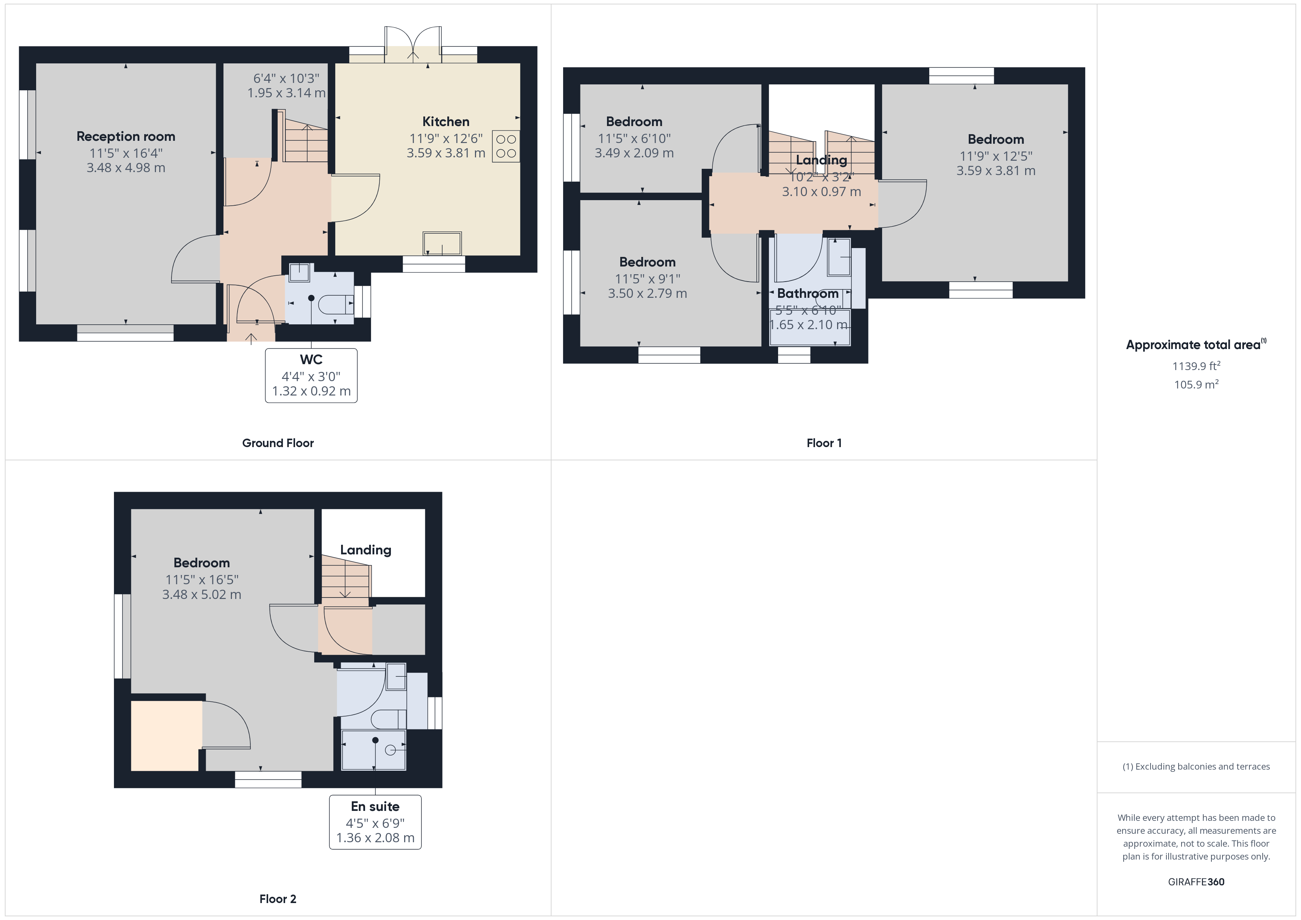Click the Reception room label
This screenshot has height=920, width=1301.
[x=126, y=136]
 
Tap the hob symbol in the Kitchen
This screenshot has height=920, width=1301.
[x=506, y=146]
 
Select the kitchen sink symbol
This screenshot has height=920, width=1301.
[x=442, y=244]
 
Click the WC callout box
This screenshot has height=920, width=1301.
[x=311, y=375]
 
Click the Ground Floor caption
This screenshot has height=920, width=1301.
[x=278, y=443]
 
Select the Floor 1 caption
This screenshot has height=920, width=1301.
[x=824, y=443]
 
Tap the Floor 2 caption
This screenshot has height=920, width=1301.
[x=278, y=899]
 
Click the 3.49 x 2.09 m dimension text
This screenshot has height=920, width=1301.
[x=634, y=153]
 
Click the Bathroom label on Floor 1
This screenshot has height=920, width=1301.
[x=808, y=293]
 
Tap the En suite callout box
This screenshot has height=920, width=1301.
[x=375, y=822]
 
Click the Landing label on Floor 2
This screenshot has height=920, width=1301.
[x=365, y=550]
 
